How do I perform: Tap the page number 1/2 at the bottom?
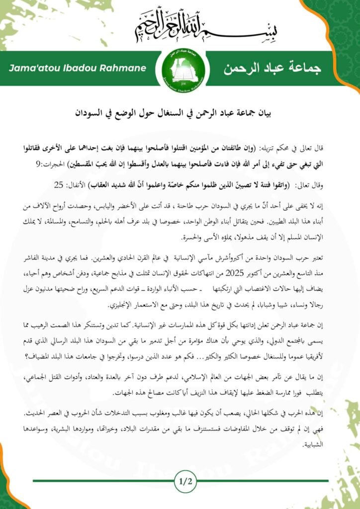point(180,481)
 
